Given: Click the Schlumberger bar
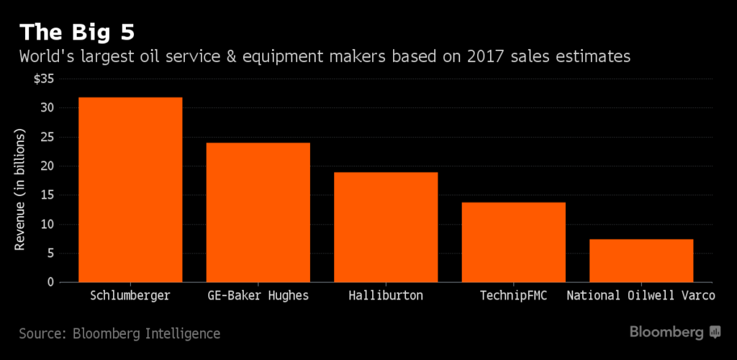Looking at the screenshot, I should pos(130,189).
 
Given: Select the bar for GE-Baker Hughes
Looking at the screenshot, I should pos(258,212).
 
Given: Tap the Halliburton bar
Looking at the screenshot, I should pos(386,227).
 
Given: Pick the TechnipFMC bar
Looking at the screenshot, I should pos(513,242).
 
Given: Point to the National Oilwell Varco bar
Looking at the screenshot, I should pos(641,261).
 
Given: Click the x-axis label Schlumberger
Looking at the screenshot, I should pos(130,296).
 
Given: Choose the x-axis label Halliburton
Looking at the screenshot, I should pos(386,296).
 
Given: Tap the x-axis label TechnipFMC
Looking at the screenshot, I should pos(513,296).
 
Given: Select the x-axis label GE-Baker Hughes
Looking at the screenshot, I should pos(258,296).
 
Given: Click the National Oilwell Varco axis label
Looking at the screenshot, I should pos(641,296).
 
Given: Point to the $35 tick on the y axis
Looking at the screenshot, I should pos(43,78).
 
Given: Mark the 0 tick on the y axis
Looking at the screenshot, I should pos(50,282).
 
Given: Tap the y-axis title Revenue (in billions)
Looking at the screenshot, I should pos(20,190).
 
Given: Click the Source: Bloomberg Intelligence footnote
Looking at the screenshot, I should pos(119,333).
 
